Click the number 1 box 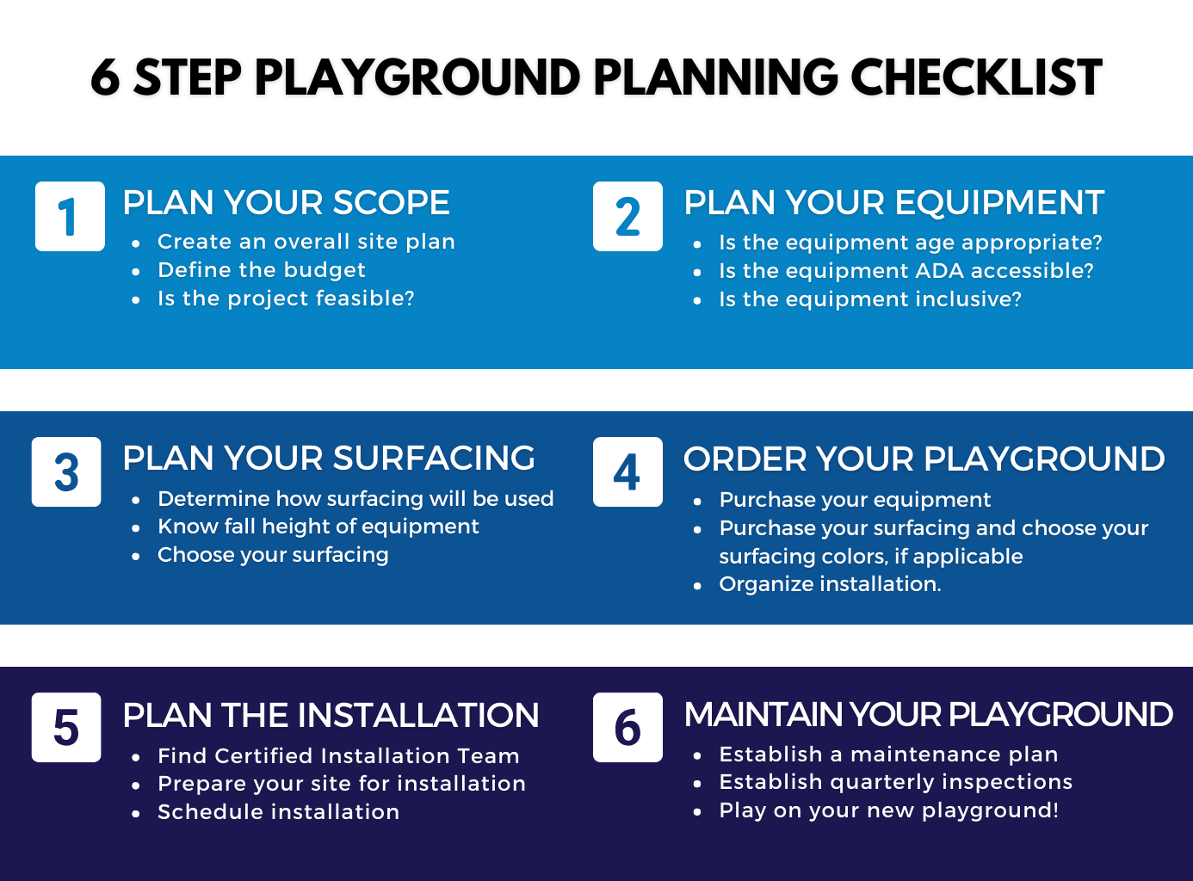coord(70,216)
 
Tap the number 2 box coord(627,216)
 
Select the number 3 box coord(66,471)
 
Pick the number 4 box coord(627,471)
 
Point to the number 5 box coord(66,727)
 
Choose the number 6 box coord(627,727)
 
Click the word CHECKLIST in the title coord(976,78)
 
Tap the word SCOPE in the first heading coord(391,203)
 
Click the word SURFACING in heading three coord(434,459)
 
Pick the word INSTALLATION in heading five coord(418,715)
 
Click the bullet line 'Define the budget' coord(262,270)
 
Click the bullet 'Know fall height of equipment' coord(318,527)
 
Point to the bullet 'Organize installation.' coord(830,584)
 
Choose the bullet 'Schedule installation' coord(279,812)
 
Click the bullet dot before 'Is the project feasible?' coord(135,300)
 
